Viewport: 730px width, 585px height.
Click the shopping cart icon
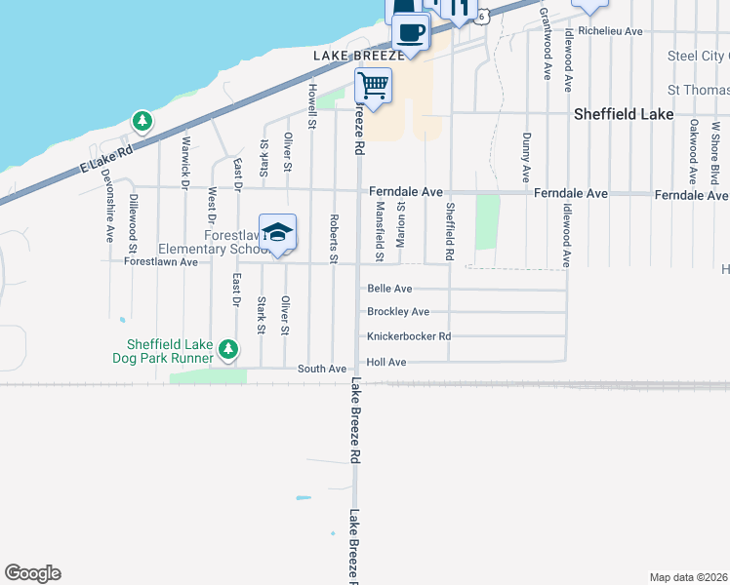(x=373, y=86)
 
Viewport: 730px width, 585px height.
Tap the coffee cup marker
(x=411, y=32)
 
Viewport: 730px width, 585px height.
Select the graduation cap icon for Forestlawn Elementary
(x=278, y=232)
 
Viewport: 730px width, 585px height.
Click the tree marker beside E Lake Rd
(x=143, y=121)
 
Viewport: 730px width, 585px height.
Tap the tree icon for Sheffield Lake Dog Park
(x=228, y=348)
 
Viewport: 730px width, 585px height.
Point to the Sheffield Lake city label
(x=623, y=114)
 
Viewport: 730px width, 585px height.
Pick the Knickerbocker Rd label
(x=409, y=336)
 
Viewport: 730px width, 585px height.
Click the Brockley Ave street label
(x=398, y=312)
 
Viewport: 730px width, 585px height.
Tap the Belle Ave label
(x=389, y=289)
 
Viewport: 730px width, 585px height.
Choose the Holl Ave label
(x=386, y=362)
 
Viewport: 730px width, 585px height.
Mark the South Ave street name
(x=322, y=369)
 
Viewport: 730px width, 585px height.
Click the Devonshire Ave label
(x=108, y=210)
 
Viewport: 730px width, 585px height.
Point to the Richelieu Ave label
(x=610, y=31)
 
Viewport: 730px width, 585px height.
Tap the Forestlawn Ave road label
(x=161, y=261)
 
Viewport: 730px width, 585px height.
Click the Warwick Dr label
(x=184, y=161)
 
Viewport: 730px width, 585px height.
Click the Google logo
(x=32, y=573)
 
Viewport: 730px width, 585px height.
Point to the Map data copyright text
(x=687, y=577)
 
